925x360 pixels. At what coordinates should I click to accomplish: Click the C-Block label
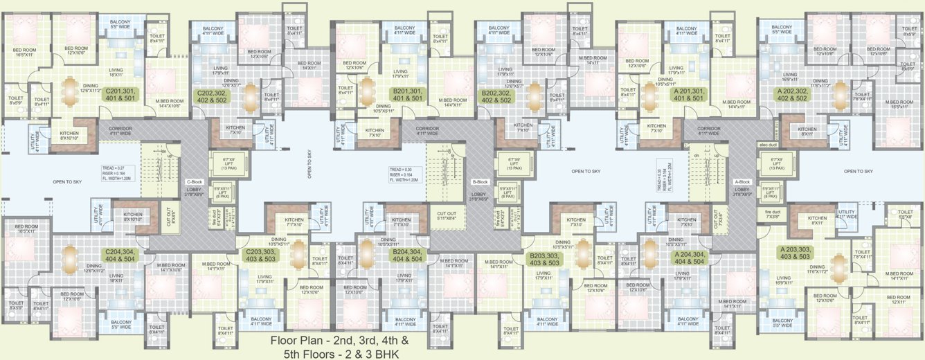[194, 182]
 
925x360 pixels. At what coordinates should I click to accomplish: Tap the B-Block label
[481, 182]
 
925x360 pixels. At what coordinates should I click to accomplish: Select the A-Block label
[744, 182]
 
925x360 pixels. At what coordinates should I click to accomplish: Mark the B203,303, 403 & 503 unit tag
[544, 259]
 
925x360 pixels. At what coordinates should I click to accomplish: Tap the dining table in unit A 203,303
[838, 266]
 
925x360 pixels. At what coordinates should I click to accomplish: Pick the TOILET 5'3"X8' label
[904, 214]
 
